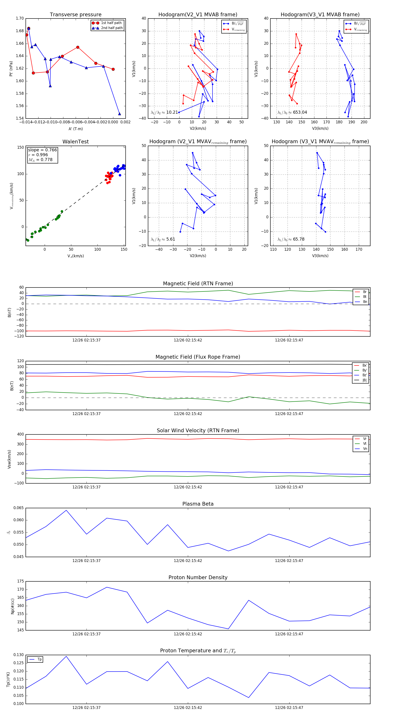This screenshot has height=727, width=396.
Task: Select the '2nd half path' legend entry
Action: point(112,28)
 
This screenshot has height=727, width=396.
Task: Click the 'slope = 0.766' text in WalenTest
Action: point(42,150)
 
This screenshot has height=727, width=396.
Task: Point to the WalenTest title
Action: point(75,142)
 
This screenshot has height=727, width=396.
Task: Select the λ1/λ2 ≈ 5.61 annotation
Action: point(163,239)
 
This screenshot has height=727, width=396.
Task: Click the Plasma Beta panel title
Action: point(198,504)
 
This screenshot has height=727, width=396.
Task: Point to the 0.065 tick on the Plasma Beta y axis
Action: point(19,508)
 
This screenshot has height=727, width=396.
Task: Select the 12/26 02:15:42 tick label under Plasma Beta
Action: point(188,560)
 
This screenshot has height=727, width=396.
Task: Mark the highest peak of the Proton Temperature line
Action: point(66,656)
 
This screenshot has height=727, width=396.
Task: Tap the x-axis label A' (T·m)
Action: point(75,129)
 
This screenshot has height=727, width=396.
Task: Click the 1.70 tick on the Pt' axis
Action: point(20,18)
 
